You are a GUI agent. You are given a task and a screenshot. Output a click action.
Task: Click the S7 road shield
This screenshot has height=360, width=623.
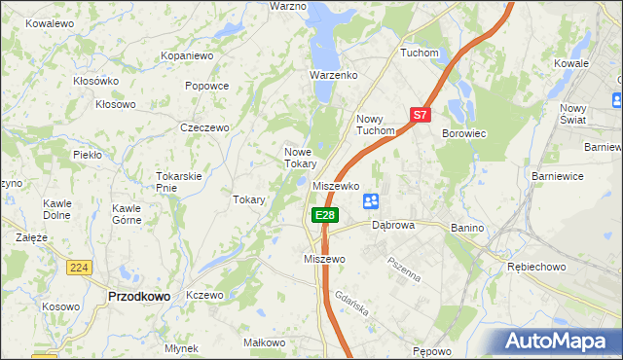pos(420,115)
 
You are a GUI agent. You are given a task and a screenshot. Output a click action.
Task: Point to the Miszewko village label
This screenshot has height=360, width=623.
pos(337,185)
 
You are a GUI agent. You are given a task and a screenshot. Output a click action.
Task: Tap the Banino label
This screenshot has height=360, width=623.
pos(467,227)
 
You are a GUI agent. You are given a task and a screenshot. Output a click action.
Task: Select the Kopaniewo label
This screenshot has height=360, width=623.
pos(187,56)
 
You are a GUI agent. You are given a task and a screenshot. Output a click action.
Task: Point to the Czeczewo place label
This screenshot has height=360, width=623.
pos(204,127)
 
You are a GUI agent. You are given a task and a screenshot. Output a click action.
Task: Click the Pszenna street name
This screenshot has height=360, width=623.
pos(403,268)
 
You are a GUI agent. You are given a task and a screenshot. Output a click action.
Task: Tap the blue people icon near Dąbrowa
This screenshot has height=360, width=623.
pos(371,201)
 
